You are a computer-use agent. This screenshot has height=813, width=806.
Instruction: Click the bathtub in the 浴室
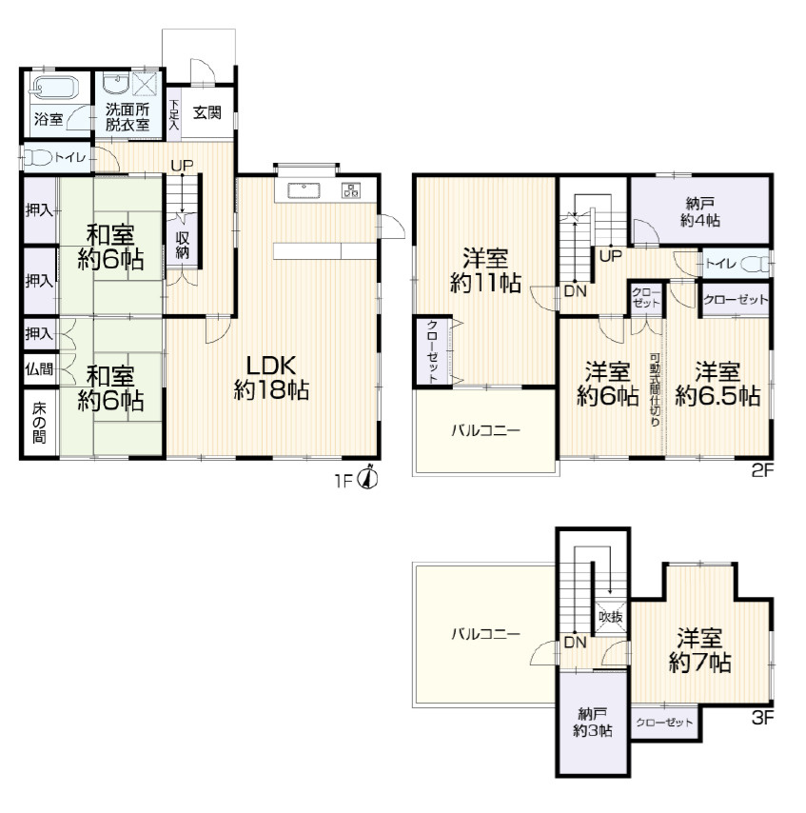tap(54, 87)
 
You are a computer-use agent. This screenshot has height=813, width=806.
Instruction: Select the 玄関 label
tap(207, 112)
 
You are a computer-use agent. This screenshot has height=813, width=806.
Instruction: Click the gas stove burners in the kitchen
tap(350, 190)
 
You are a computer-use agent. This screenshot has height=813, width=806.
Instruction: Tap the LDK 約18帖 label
tap(271, 378)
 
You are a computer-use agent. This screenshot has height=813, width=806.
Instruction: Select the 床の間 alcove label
tap(39, 423)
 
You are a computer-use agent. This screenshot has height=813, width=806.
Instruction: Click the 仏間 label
tap(39, 369)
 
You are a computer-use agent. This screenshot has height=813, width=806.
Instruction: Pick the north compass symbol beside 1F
tap(368, 476)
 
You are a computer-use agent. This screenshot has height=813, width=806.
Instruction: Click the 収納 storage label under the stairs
tap(182, 246)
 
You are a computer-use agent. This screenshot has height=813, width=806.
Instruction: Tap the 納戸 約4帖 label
tap(699, 211)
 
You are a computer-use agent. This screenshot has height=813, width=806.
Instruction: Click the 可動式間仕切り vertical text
tap(655, 390)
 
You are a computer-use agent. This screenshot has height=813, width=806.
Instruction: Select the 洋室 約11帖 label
tap(485, 270)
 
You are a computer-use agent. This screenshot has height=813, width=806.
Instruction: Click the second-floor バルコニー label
tap(485, 430)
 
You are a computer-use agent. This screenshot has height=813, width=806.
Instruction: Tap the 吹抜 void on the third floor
tap(611, 617)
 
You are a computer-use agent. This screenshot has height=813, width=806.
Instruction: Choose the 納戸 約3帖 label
tap(593, 723)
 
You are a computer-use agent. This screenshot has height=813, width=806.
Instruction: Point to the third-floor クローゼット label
tap(664, 723)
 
